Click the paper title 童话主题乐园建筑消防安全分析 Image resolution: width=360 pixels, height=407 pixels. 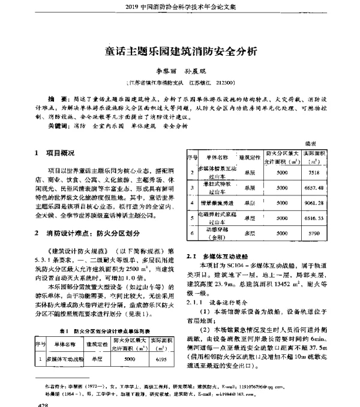tap(181, 51)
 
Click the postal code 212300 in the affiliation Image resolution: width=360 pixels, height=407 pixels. tap(230, 82)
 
